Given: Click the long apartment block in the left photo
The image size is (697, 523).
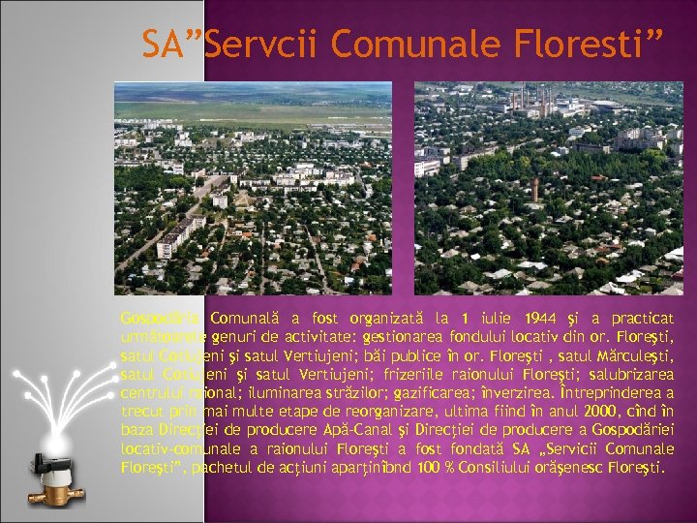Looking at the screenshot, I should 179,232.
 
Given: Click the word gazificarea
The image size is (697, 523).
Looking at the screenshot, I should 431,392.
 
